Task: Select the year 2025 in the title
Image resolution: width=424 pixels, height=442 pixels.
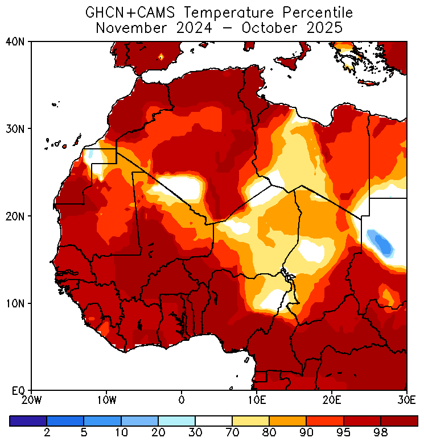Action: coord(322,28)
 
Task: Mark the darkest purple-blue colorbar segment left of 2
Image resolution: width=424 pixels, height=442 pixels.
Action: coord(28,421)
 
